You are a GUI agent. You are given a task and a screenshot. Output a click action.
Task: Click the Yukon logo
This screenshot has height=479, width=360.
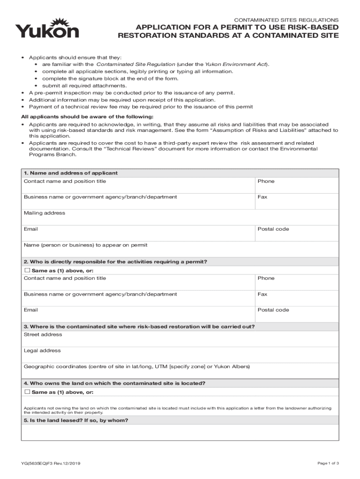(47, 29)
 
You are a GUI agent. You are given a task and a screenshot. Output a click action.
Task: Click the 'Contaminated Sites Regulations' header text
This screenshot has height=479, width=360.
(286, 20)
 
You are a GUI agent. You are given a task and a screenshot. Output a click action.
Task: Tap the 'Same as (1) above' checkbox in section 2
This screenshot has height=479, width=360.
(27, 270)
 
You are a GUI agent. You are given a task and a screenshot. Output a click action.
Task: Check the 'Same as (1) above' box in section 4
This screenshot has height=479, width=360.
(27, 392)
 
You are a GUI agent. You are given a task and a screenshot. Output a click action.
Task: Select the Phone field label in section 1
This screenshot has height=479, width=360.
(266, 181)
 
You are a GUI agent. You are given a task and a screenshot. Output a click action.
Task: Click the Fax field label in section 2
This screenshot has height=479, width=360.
(262, 294)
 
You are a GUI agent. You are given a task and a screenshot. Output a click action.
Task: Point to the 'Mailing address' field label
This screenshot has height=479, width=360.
(44, 213)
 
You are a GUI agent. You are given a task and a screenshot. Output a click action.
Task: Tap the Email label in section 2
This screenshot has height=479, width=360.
(31, 310)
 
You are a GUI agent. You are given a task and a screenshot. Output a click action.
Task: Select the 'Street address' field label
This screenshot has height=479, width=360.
(43, 335)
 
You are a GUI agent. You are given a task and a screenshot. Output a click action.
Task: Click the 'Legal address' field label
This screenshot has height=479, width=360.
(42, 351)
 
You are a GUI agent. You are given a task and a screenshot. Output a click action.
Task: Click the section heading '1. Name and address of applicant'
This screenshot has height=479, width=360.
(71, 173)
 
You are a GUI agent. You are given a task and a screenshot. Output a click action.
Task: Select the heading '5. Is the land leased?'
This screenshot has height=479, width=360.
(76, 421)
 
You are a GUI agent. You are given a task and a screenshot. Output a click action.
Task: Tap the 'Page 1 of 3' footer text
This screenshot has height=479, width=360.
(328, 463)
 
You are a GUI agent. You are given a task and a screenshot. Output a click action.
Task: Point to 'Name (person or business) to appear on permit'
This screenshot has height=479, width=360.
(86, 245)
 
